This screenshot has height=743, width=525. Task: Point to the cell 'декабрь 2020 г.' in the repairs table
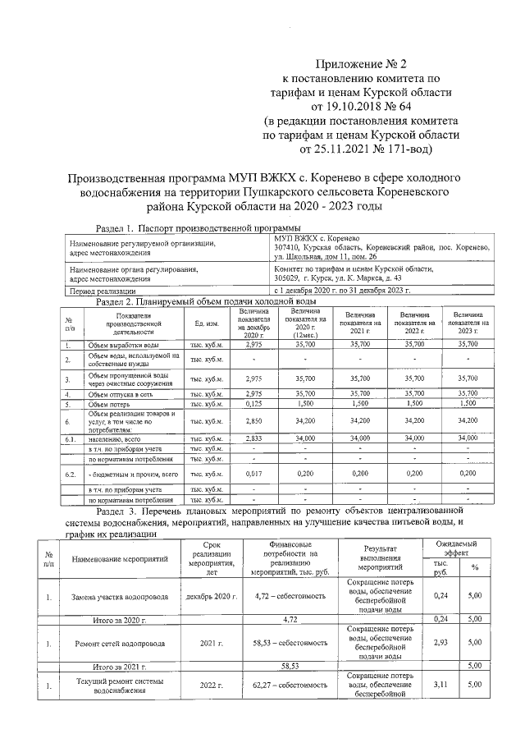212,596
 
